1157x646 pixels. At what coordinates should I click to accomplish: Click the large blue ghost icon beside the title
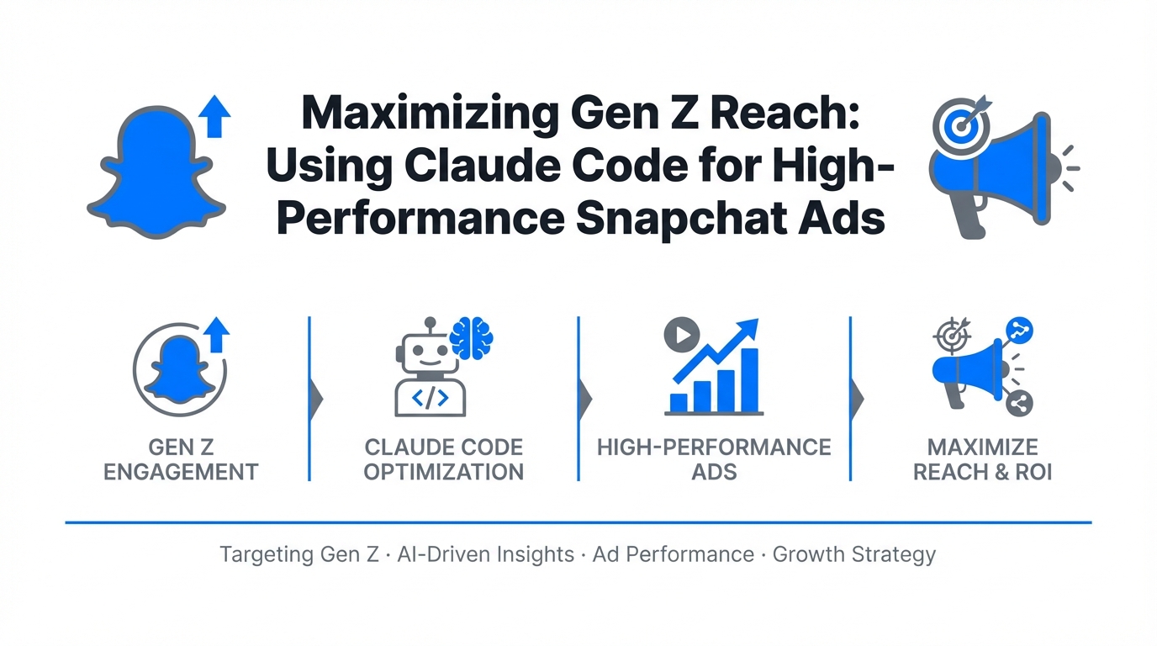point(156,173)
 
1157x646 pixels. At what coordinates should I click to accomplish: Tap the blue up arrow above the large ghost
point(214,116)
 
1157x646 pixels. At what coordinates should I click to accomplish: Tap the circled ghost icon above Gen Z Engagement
point(180,369)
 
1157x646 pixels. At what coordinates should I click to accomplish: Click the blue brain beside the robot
point(471,338)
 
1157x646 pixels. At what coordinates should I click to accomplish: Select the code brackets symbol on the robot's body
point(430,398)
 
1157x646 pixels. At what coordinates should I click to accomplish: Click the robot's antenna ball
point(430,322)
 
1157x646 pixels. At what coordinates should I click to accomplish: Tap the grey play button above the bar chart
point(682,335)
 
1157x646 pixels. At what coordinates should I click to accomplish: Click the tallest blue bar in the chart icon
point(750,379)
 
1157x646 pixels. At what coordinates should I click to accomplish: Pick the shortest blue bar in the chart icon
point(679,402)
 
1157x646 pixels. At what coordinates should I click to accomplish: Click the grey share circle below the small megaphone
point(1019,404)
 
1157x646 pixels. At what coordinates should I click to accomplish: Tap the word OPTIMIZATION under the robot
point(444,473)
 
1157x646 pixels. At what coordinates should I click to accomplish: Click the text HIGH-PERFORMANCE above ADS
point(715,447)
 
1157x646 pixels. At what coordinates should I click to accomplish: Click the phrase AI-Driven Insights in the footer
point(485,554)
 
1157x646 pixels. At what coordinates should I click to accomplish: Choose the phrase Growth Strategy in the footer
point(854,555)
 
